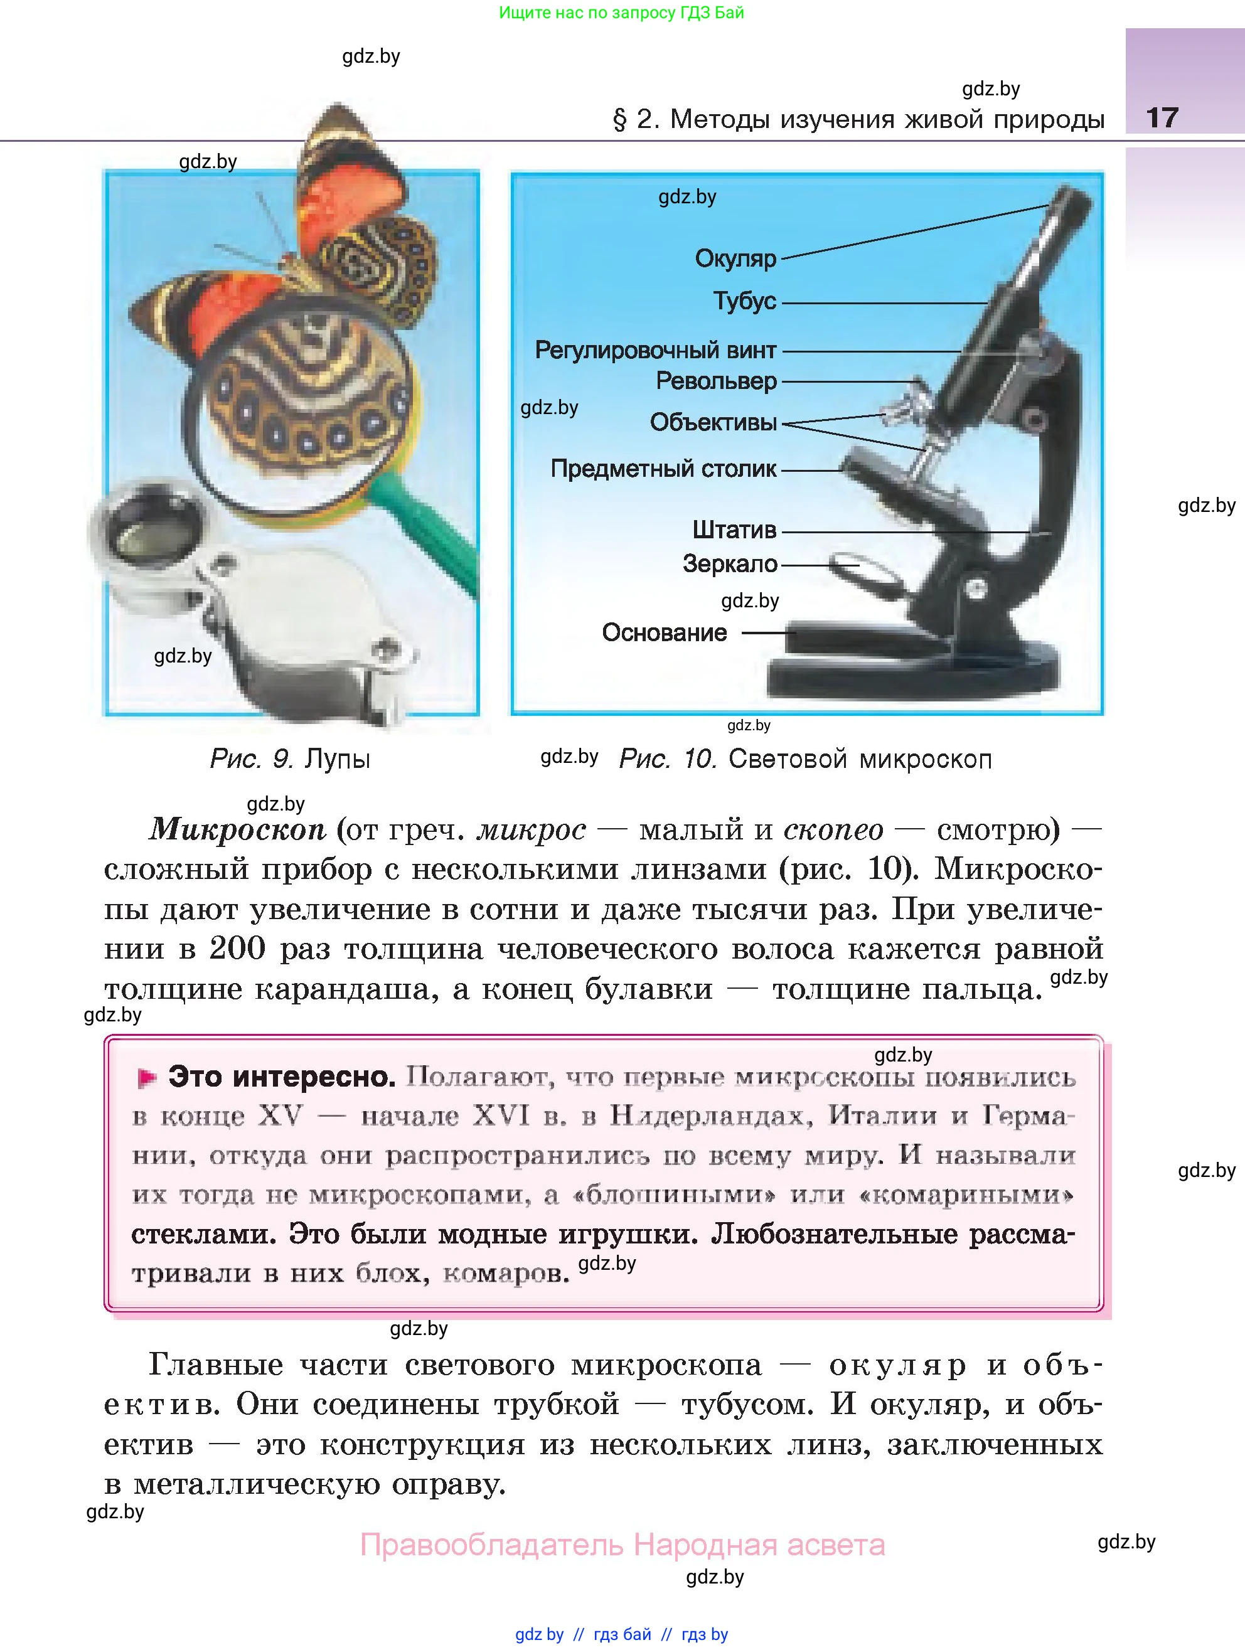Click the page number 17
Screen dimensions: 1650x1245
point(1162,118)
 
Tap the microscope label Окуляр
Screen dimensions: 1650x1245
point(735,259)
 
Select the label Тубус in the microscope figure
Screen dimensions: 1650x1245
point(744,301)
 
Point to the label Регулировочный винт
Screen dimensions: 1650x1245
point(655,350)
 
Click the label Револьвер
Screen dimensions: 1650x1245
point(716,381)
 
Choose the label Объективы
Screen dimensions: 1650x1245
point(713,422)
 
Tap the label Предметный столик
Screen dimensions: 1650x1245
point(663,469)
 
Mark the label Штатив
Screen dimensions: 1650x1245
point(734,530)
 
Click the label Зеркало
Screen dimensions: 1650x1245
point(730,564)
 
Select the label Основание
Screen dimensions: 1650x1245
point(664,632)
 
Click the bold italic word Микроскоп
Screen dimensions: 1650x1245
point(238,829)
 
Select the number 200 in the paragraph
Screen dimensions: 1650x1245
point(237,949)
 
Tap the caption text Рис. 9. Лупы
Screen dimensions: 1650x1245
point(290,759)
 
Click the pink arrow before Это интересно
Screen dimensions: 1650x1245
point(147,1078)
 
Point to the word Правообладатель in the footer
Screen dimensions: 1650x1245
point(491,1545)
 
